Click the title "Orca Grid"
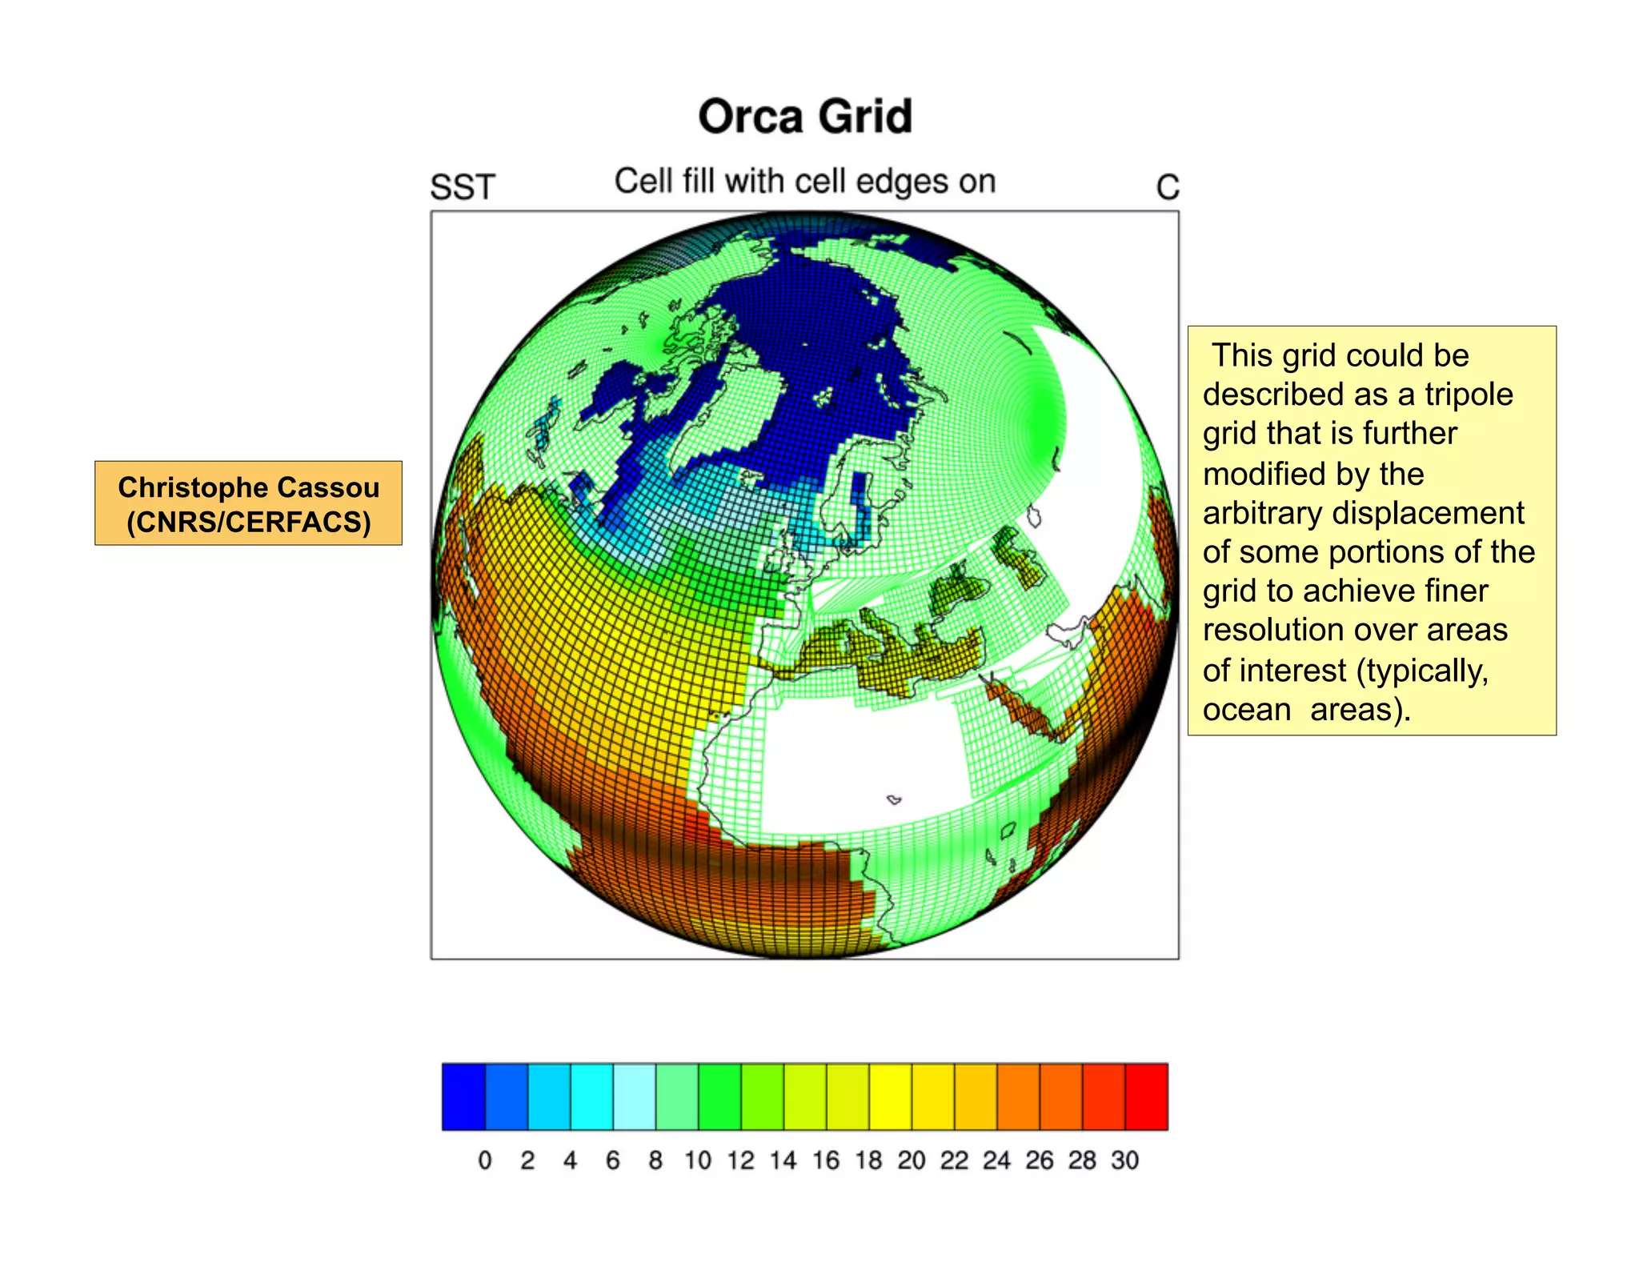click(x=805, y=117)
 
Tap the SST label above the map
click(x=463, y=187)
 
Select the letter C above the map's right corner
click(x=1168, y=188)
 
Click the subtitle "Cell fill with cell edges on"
click(x=805, y=182)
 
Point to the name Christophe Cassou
click(x=248, y=487)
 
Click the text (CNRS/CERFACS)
click(x=248, y=522)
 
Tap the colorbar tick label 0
click(x=485, y=1160)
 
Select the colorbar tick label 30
click(x=1124, y=1160)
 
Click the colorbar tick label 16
click(x=826, y=1160)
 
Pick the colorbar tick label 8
click(x=655, y=1160)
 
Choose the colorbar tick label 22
click(x=954, y=1160)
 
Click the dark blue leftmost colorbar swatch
click(x=464, y=1096)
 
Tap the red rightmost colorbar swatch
click(x=1146, y=1096)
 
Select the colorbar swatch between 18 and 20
click(x=890, y=1096)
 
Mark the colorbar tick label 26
click(x=1040, y=1160)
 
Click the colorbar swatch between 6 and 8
click(x=635, y=1096)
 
